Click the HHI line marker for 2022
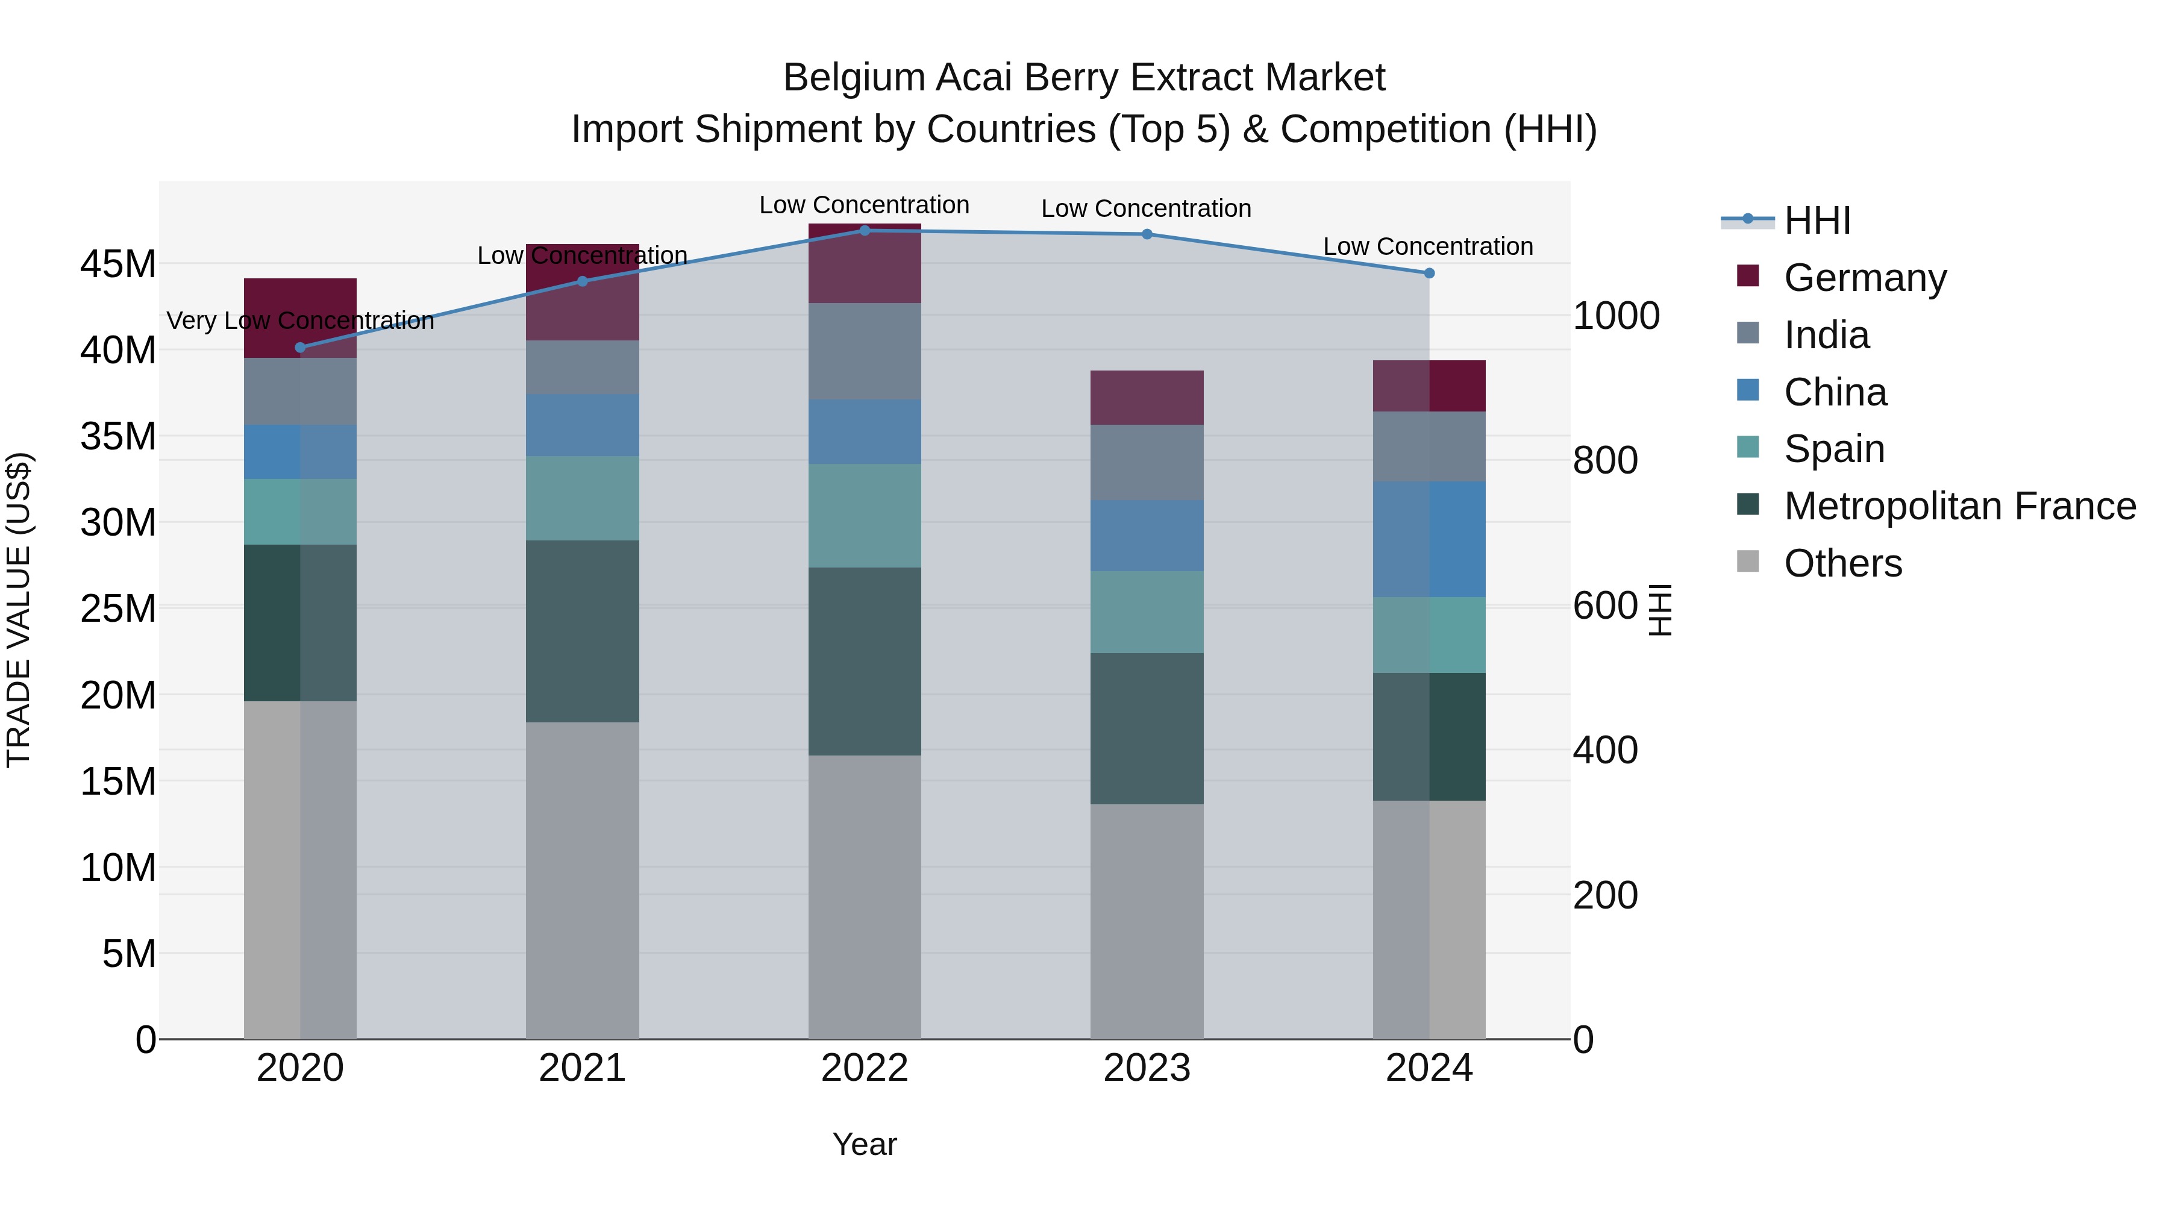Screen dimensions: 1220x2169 (x=864, y=230)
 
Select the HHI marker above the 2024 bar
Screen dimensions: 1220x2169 (x=1429, y=273)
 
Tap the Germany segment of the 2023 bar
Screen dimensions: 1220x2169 (x=1147, y=398)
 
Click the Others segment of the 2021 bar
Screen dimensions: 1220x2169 (x=582, y=880)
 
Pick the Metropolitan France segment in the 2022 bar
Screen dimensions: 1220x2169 (x=864, y=661)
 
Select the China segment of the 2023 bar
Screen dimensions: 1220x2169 (x=1147, y=536)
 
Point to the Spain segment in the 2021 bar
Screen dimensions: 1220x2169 (x=582, y=498)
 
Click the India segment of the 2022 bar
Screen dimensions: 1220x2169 (x=864, y=351)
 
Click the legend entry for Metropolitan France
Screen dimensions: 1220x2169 (x=1959, y=506)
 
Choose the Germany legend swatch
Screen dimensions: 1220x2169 (x=1748, y=276)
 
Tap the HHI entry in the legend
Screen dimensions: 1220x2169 (x=1817, y=221)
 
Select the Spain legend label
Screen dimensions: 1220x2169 (x=1834, y=449)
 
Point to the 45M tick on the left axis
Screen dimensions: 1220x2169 (x=118, y=264)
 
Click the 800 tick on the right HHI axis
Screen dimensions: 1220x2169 (x=1605, y=460)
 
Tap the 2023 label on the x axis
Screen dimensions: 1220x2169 (x=1147, y=1068)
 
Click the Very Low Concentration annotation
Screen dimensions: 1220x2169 (x=300, y=321)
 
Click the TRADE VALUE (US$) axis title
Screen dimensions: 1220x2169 (x=19, y=610)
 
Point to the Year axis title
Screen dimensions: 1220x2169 (x=864, y=1144)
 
